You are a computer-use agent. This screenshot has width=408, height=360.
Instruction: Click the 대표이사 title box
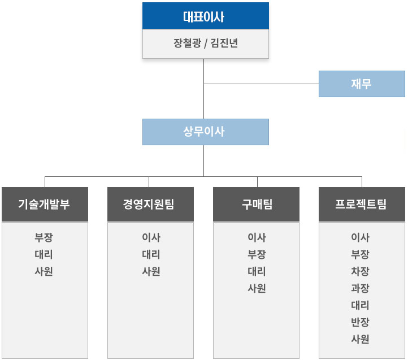tap(206, 16)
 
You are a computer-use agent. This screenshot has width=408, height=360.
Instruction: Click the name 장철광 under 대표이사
tap(188, 43)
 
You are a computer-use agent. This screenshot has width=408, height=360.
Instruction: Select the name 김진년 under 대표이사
tap(224, 43)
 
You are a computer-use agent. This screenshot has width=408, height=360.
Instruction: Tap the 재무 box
tap(362, 84)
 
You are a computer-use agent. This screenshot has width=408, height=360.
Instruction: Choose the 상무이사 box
tap(206, 132)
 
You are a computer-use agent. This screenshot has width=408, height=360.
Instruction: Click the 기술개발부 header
tap(45, 205)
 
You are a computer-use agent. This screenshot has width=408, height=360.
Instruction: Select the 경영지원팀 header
tap(150, 205)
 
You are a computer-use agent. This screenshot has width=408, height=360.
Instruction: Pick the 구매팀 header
tap(256, 205)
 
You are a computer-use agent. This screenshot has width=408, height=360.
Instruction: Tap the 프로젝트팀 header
tap(362, 205)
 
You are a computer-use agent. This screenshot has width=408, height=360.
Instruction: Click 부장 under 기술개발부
tap(44, 237)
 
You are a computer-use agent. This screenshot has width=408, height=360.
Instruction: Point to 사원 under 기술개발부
tap(44, 271)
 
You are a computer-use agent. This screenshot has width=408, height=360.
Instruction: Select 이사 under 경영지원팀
tap(151, 237)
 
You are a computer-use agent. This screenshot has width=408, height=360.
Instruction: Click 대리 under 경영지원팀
tap(151, 254)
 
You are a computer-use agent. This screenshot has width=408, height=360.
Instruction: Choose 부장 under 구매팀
tap(257, 254)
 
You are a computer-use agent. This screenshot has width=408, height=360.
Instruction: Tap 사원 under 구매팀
tap(257, 288)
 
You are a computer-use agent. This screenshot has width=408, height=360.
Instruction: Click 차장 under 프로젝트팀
tap(360, 271)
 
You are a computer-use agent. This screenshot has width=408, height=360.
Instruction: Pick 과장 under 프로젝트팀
tap(360, 288)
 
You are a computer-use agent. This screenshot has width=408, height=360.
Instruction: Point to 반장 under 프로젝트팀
tap(360, 322)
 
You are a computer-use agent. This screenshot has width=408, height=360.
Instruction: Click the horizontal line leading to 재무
tap(261, 84)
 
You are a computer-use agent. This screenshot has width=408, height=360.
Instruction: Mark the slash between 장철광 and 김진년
tap(206, 44)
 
